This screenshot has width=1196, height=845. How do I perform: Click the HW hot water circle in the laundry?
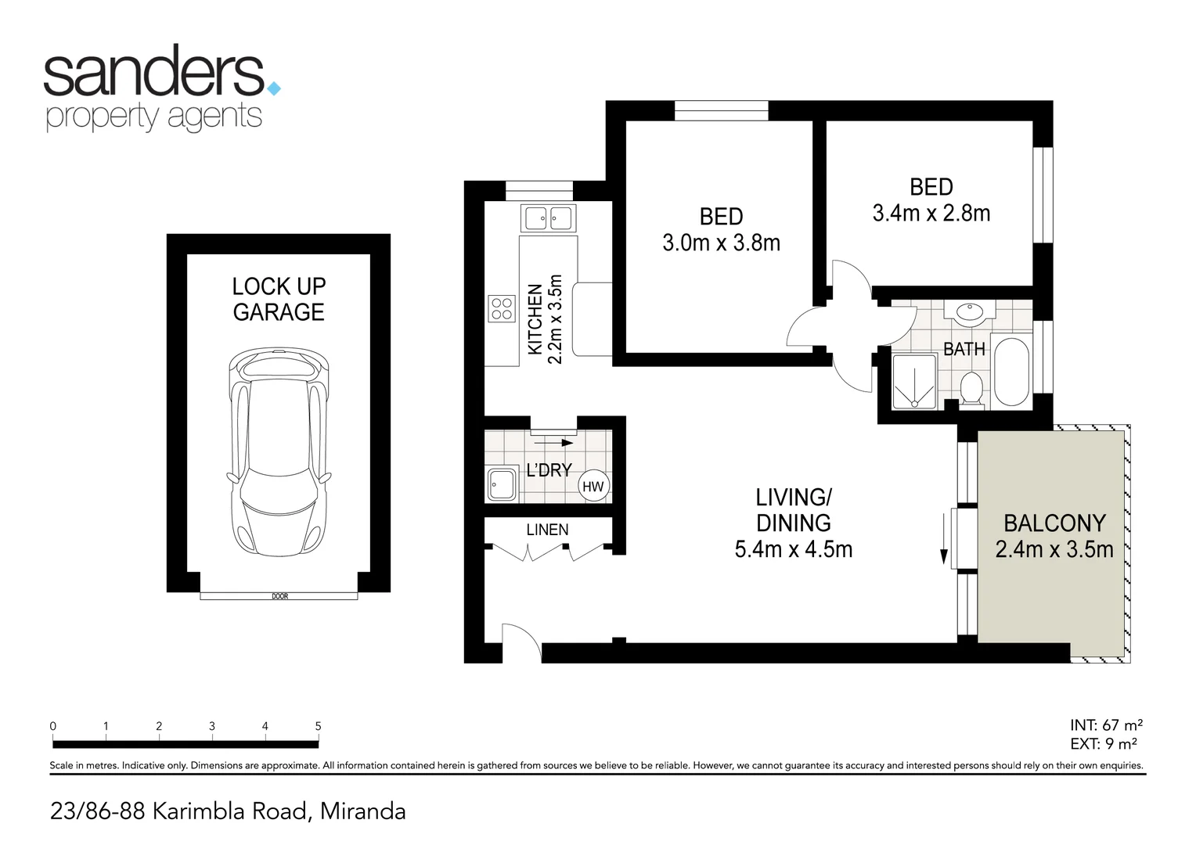click(x=593, y=487)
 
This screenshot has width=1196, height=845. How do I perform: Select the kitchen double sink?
click(x=549, y=218)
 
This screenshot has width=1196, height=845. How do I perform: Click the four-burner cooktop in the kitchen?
click(x=502, y=308)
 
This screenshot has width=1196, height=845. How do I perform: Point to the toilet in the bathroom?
click(x=971, y=389)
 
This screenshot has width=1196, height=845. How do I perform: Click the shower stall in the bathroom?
click(x=914, y=381)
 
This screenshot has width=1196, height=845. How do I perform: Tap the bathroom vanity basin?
click(x=968, y=312)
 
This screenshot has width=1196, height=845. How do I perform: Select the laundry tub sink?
click(x=502, y=484)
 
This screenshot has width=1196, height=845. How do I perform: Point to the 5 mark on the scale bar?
click(x=318, y=727)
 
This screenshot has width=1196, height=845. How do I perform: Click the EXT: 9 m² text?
click(x=1104, y=744)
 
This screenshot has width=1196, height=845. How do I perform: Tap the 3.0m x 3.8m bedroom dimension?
click(x=721, y=243)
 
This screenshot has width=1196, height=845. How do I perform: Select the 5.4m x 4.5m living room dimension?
click(x=793, y=549)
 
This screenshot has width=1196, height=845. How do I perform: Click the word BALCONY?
click(x=1054, y=523)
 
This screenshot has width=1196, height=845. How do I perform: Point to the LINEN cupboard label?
click(x=547, y=530)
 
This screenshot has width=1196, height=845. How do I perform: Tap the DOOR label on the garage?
click(x=279, y=596)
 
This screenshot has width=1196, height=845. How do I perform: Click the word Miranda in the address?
click(x=363, y=811)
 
